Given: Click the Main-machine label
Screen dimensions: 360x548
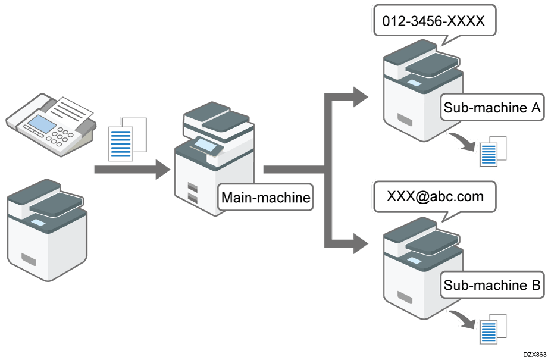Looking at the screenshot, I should click(266, 198).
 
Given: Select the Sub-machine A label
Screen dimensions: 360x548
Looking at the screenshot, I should click(491, 108).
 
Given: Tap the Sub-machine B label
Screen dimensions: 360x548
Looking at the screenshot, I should click(491, 286).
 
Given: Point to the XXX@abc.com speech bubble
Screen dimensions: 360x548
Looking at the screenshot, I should click(435, 196).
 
